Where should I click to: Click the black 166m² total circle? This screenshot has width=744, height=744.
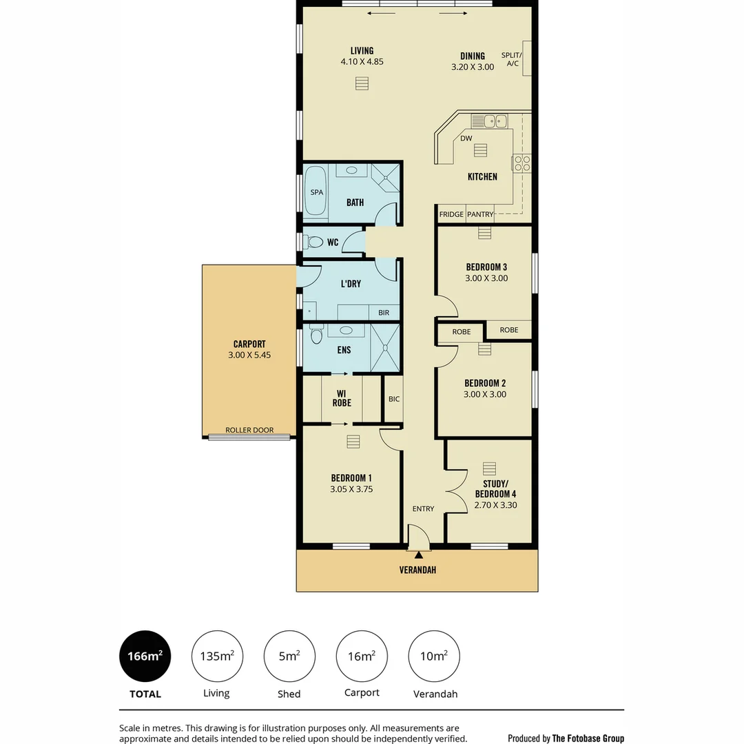coord(145,657)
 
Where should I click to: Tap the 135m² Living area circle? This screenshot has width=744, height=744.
coord(217,657)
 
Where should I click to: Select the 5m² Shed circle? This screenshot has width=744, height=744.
coord(289,657)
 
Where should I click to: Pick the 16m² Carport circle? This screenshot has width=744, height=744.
coord(362,657)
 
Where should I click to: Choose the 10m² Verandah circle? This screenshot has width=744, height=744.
coord(434,657)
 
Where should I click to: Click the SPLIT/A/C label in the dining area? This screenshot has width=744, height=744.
coord(512,59)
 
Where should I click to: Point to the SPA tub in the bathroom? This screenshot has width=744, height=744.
coord(317,192)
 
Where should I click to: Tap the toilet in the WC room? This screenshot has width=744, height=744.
coord(315,242)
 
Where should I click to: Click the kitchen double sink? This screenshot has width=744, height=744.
coord(489,121)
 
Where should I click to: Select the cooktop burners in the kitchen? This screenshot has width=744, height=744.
coord(522,163)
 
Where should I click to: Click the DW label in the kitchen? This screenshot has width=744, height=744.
coord(466,138)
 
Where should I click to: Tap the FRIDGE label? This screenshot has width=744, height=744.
coord(451,214)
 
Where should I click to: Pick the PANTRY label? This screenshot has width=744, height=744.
coord(480,214)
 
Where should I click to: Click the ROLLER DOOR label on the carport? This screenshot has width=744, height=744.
coord(249,431)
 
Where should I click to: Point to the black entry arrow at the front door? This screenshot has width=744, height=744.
coord(418,555)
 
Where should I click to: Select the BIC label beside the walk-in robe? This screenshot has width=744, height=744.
coord(394,399)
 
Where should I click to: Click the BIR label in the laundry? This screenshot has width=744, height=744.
coord(384,313)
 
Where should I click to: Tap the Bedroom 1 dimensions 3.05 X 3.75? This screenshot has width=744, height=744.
coord(351,490)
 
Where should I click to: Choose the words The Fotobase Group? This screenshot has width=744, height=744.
coord(588,738)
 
